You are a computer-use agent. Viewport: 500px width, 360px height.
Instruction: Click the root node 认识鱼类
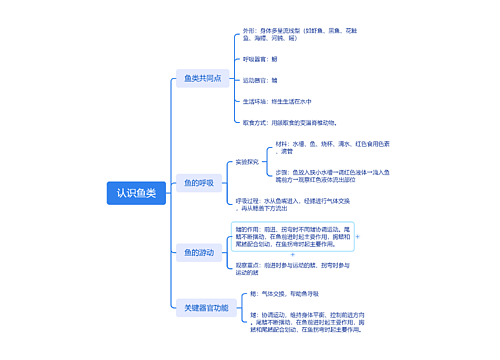point(136,193)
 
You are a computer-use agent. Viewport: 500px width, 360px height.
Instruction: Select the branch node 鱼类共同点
point(203,78)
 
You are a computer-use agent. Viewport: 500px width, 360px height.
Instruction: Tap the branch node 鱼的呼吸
point(198,183)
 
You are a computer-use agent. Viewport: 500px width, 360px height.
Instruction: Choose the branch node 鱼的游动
point(198,252)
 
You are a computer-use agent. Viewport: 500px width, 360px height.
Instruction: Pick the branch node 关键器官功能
point(204,308)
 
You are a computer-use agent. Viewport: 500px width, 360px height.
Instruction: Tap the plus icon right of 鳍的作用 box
point(357,238)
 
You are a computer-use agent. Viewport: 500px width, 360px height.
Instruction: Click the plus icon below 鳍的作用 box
point(292,255)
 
